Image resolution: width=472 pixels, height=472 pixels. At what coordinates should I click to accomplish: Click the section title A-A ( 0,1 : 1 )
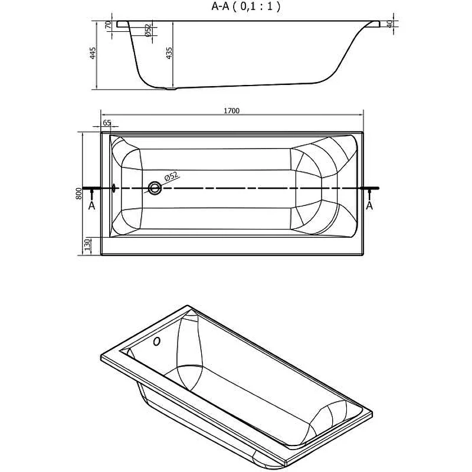(x=245, y=7)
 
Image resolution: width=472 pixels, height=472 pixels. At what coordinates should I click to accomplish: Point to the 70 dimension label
(x=109, y=27)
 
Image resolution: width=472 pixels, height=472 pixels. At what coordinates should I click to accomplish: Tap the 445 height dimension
(x=93, y=55)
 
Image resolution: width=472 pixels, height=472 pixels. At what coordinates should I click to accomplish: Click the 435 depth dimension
(x=169, y=54)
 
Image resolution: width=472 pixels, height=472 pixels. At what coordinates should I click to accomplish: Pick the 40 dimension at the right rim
(x=389, y=24)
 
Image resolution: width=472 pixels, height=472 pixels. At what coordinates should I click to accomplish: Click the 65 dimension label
(x=107, y=123)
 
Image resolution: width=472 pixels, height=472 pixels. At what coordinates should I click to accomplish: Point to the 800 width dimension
(x=78, y=194)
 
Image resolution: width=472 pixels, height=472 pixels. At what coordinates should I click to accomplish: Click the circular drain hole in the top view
(x=155, y=188)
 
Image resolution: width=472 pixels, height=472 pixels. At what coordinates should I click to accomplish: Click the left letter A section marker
(x=91, y=205)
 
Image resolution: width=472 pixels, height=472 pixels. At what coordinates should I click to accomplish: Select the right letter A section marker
(x=370, y=205)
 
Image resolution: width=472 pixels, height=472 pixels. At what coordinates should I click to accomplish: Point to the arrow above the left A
(x=91, y=194)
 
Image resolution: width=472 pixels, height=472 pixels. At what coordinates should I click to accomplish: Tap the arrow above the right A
(x=370, y=194)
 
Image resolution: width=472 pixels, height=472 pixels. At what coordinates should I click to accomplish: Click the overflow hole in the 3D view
(x=156, y=342)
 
